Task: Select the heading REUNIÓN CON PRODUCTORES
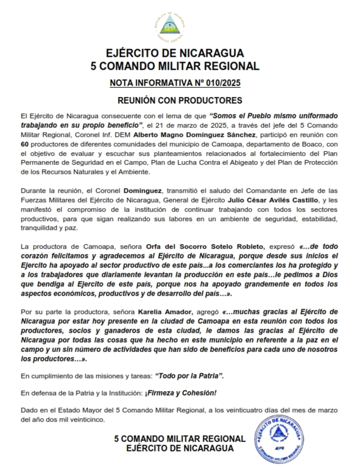(x=180, y=100)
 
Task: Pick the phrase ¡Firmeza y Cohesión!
(x=181, y=393)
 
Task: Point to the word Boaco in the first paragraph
(x=312, y=144)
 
